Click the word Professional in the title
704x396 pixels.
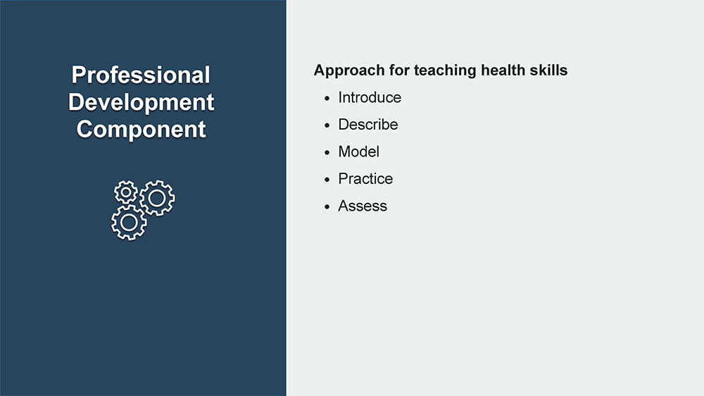(141, 75)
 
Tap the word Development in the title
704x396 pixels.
(141, 102)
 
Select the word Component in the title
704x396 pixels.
(141, 130)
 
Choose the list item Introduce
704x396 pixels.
(370, 97)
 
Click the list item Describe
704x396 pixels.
(367, 125)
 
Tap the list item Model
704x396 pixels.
(358, 152)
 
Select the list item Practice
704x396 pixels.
(365, 179)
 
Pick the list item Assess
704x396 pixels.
(363, 206)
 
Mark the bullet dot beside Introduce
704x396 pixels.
(327, 99)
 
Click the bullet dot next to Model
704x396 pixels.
(327, 153)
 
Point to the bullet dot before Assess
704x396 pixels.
(327, 206)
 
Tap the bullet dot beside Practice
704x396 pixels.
(327, 180)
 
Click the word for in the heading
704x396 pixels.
(399, 70)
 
